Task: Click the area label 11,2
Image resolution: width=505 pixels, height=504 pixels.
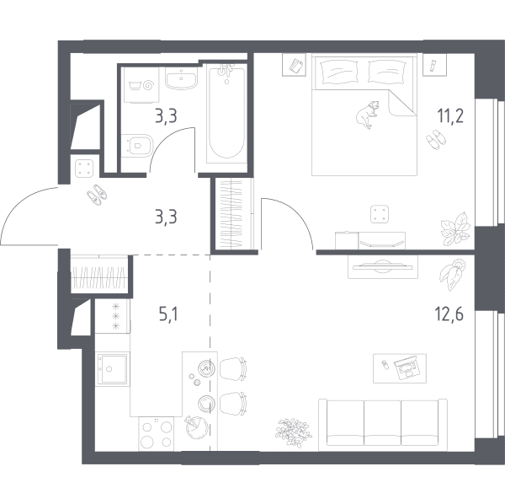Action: pos(450,116)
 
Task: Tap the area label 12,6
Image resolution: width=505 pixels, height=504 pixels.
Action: pos(449,314)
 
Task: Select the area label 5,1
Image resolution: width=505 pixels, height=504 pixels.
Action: pos(168,314)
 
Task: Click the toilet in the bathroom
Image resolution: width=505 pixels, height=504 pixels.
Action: pos(137,146)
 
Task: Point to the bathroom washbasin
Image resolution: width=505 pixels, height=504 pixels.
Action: pos(181,78)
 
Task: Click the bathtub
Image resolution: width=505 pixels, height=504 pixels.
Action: pos(226,113)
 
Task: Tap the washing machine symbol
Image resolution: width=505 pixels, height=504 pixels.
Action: pos(141,85)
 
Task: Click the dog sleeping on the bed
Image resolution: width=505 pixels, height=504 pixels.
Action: pos(368,115)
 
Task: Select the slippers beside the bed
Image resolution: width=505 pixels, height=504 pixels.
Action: pos(436,139)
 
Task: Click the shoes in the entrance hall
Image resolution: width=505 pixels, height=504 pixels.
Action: pos(97,195)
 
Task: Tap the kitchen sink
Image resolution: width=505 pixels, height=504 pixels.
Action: pos(113,368)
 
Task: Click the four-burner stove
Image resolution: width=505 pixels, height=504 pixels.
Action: pos(157,434)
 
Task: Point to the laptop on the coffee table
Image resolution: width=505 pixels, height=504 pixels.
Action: pos(407,369)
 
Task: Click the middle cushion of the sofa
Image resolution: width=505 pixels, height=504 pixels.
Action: pos(383,423)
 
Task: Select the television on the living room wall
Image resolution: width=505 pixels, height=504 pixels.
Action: pos(382,265)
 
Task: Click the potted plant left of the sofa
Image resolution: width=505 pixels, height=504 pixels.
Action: pos(294,432)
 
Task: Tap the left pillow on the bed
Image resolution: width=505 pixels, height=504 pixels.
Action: pos(339,72)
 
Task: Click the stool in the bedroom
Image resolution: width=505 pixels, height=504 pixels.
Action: pos(380,214)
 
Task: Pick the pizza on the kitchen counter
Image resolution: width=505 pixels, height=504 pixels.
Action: pos(196,427)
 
